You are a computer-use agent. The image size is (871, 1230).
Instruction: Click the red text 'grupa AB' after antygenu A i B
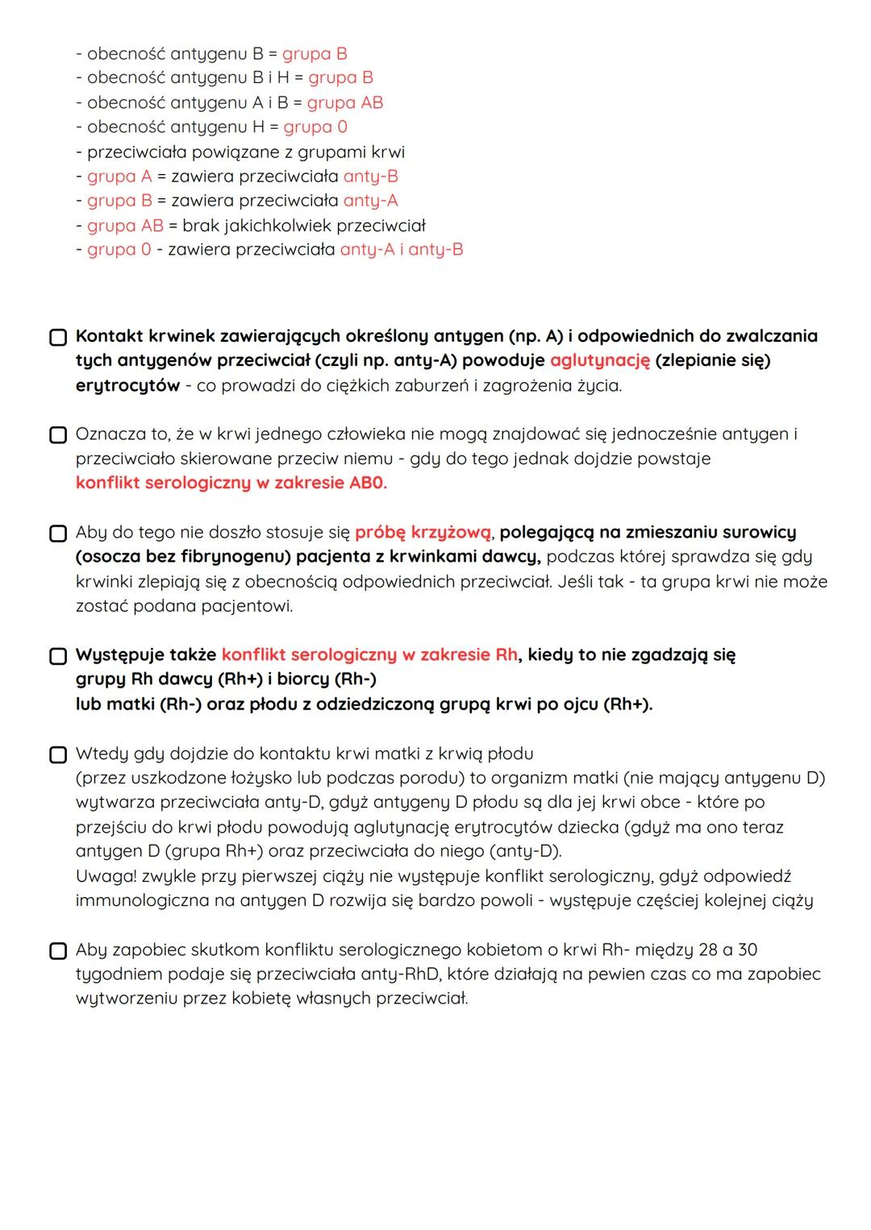pyautogui.click(x=344, y=102)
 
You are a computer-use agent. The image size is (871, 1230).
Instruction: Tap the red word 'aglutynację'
pyautogui.click(x=599, y=360)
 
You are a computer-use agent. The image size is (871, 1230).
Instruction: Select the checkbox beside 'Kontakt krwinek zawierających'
pyautogui.click(x=58, y=337)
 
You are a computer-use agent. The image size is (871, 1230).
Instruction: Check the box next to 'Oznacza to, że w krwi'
pyautogui.click(x=58, y=435)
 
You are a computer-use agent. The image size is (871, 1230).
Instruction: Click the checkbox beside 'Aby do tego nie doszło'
pyautogui.click(x=58, y=534)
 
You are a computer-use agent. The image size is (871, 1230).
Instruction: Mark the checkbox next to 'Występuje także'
pyautogui.click(x=58, y=656)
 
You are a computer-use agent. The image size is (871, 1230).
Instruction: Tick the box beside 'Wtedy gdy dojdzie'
pyautogui.click(x=58, y=754)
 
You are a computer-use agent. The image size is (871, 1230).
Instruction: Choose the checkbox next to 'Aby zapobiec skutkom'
pyautogui.click(x=58, y=951)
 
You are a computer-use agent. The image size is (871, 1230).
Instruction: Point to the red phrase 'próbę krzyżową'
pyautogui.click(x=423, y=533)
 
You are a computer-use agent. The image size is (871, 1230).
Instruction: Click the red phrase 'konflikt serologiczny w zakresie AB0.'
pyautogui.click(x=231, y=483)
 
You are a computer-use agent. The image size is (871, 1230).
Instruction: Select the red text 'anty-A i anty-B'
pyautogui.click(x=402, y=250)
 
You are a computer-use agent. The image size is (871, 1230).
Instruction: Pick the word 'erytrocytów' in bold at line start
pyautogui.click(x=127, y=385)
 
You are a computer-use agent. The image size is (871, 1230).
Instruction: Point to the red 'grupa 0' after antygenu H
pyautogui.click(x=315, y=127)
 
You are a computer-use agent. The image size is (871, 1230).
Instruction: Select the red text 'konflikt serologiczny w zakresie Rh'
pyautogui.click(x=369, y=655)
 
